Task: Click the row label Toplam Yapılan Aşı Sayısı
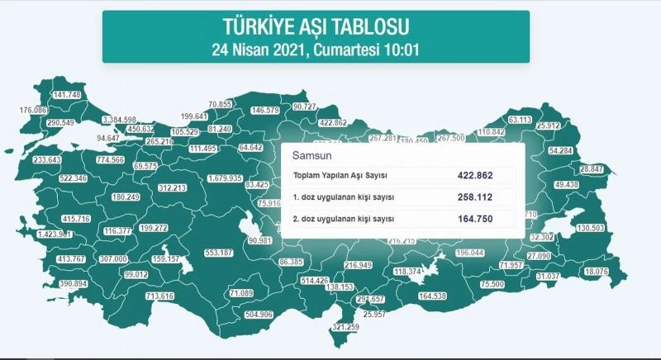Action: [x=341, y=176]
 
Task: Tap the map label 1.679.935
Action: [x=224, y=178]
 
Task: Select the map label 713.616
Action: [x=159, y=296]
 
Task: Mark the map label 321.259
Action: [x=345, y=328]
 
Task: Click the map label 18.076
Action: [x=597, y=272]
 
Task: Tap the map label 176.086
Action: [x=33, y=110]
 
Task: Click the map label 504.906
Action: [x=255, y=315]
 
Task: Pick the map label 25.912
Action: [x=573, y=126]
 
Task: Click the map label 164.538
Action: [x=432, y=296]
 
